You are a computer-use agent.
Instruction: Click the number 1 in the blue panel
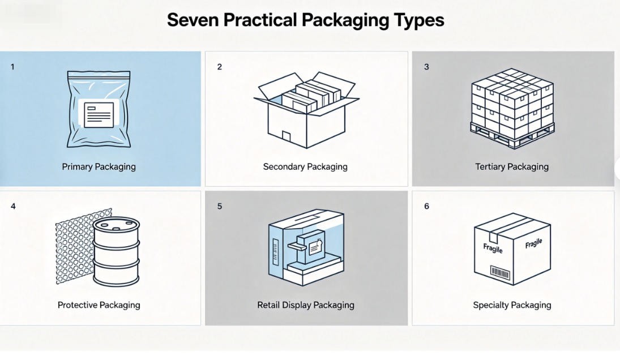coord(12,67)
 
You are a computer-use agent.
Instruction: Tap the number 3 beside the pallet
coord(426,67)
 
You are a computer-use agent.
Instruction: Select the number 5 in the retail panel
coord(220,206)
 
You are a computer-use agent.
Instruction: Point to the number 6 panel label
coord(427,206)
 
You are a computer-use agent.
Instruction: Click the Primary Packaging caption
coord(99,167)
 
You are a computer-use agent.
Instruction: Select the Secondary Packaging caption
coord(305,167)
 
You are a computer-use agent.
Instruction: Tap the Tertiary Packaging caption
coord(512,167)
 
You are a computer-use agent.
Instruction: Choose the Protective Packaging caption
coord(99,305)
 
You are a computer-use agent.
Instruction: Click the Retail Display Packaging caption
coord(306,305)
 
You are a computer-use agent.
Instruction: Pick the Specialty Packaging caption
coord(512,305)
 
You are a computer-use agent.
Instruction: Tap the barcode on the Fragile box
coord(500,273)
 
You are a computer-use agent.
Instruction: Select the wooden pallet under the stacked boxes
coord(512,134)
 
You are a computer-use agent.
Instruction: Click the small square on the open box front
coord(287,137)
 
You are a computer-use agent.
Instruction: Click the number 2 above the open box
coord(220,67)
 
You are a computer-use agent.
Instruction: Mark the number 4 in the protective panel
coord(13,206)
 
